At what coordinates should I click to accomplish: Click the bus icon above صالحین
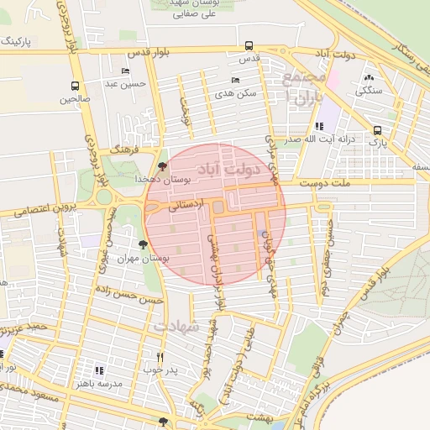(76, 86)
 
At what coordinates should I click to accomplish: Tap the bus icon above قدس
(249, 46)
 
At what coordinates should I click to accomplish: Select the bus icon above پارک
(377, 130)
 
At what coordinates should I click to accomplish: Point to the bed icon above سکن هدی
(235, 80)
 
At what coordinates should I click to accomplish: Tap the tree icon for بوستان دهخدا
(162, 167)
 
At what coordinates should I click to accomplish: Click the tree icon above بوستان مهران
(143, 245)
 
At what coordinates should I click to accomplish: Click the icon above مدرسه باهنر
(99, 370)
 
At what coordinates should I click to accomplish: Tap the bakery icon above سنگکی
(369, 77)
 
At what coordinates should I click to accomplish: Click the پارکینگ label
(18, 40)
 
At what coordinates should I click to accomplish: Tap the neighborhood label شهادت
(178, 324)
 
